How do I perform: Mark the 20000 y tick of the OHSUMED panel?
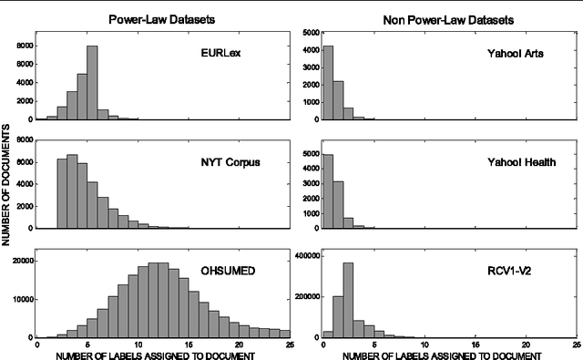20,261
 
